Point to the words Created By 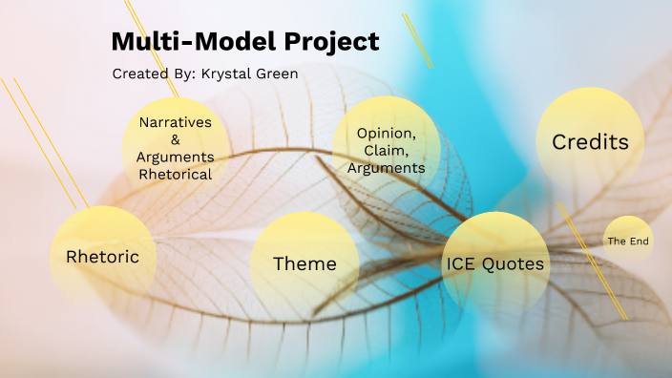pyautogui.click(x=154, y=73)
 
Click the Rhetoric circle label pyautogui.click(x=102, y=257)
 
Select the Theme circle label pyautogui.click(x=304, y=263)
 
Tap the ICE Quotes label pyautogui.click(x=495, y=263)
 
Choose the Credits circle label pyautogui.click(x=590, y=142)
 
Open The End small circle pyautogui.click(x=628, y=241)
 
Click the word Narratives pyautogui.click(x=175, y=122)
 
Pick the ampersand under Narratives pyautogui.click(x=175, y=139)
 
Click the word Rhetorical pyautogui.click(x=175, y=174)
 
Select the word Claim pyautogui.click(x=385, y=150)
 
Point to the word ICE pyautogui.click(x=463, y=263)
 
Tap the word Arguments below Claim pyautogui.click(x=386, y=167)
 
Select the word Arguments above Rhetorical pyautogui.click(x=175, y=157)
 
